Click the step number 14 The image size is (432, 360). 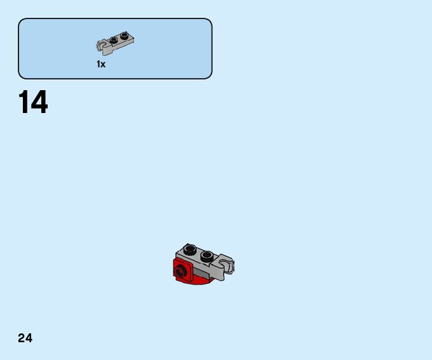(x=33, y=103)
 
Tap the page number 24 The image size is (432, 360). (x=25, y=338)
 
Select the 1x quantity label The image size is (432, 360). (x=101, y=64)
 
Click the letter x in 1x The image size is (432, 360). (x=103, y=65)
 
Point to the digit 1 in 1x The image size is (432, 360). (x=98, y=64)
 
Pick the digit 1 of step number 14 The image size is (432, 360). (x=24, y=103)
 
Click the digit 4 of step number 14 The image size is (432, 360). (x=39, y=103)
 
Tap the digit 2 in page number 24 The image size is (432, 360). (x=22, y=338)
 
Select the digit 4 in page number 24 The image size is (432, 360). (x=29, y=338)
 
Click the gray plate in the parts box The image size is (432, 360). (x=117, y=43)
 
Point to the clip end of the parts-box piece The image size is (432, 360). (x=101, y=46)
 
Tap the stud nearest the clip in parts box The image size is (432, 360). (x=114, y=41)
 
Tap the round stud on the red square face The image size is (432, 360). (x=182, y=272)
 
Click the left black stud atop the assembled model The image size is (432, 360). (x=190, y=249)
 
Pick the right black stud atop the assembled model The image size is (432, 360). (x=206, y=256)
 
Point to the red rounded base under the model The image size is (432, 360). (x=201, y=280)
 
